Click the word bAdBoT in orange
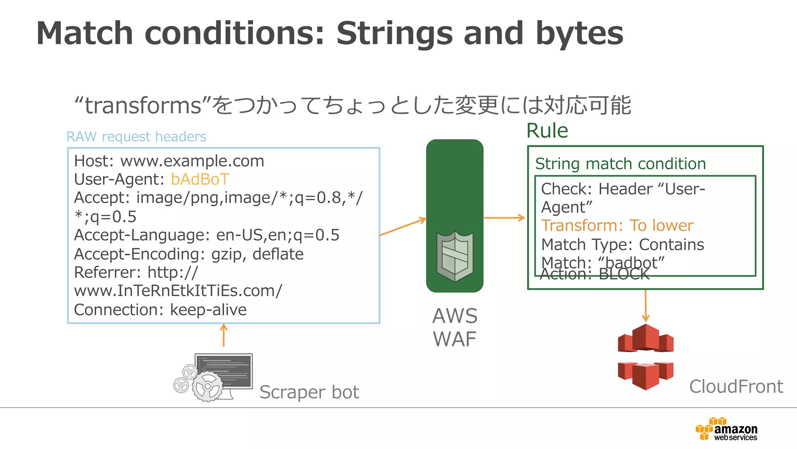coord(200,179)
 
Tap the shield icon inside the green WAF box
coord(455,256)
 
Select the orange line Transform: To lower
coord(617,226)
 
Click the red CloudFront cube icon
coord(646,357)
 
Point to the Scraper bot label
coord(309,392)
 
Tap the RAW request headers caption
coord(136,137)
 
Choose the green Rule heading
coord(547,131)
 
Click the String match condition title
coord(620,164)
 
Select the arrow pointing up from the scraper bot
coord(224,335)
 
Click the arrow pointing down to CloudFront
coord(646,306)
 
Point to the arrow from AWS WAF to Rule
coord(504,218)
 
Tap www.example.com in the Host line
coord(192,161)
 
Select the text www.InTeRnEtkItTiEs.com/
coord(178,291)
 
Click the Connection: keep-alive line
coord(160,310)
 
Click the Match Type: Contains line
coord(623,245)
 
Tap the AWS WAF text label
coord(455,327)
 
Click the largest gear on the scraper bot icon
coord(207,386)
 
